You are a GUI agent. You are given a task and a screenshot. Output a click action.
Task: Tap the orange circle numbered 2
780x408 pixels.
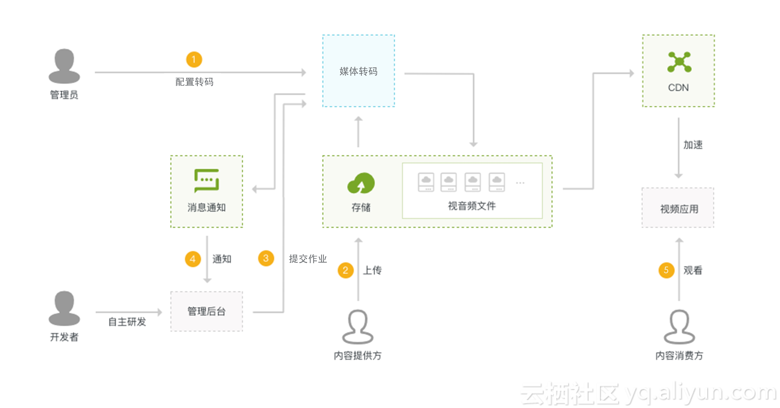click(345, 270)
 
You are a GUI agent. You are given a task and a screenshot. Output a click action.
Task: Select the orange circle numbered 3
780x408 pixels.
click(266, 258)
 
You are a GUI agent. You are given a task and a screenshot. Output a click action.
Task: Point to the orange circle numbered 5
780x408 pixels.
click(666, 270)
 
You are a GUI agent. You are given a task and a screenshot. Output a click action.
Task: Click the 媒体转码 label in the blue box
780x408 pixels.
click(359, 71)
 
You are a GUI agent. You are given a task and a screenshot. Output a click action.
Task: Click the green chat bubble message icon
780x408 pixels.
click(206, 181)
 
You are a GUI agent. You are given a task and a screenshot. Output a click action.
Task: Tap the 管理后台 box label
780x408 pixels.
click(206, 311)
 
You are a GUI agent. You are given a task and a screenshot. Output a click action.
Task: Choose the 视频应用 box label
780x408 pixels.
click(679, 209)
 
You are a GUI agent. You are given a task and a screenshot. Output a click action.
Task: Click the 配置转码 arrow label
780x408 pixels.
click(194, 82)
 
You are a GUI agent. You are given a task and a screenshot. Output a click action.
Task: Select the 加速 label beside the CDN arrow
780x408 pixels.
click(693, 145)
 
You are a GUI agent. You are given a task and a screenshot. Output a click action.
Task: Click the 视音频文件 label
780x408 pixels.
click(472, 206)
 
